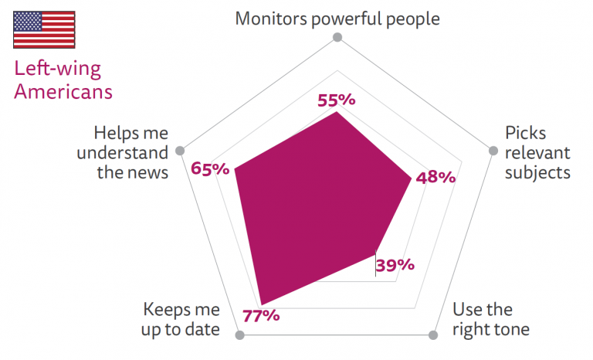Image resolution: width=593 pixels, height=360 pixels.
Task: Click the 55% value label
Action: pyautogui.click(x=336, y=100)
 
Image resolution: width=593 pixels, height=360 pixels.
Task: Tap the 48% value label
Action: pyautogui.click(x=435, y=178)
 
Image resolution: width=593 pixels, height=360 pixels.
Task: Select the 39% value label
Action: pyautogui.click(x=395, y=265)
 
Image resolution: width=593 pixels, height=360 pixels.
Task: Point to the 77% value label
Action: pyautogui.click(x=260, y=315)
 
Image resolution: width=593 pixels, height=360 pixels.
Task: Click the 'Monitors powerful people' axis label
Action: pyautogui.click(x=337, y=18)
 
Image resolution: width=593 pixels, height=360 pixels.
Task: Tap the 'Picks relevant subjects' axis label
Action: pyautogui.click(x=537, y=152)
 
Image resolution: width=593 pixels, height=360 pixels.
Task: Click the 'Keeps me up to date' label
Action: pyautogui.click(x=182, y=319)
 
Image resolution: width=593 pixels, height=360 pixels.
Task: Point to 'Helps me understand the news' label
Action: pyautogui.click(x=130, y=152)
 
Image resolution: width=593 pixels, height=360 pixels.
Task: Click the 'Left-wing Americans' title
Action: pyautogui.click(x=63, y=80)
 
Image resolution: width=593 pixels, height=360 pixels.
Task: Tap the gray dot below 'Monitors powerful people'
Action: pyautogui.click(x=336, y=37)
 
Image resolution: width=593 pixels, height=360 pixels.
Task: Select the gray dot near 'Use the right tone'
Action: pyautogui.click(x=432, y=335)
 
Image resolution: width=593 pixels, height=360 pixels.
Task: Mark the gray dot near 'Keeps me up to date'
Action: pyautogui.click(x=239, y=335)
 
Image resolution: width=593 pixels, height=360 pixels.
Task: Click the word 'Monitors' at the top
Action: pyautogui.click(x=269, y=18)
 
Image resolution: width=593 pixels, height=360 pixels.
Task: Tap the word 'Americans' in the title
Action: pyautogui.click(x=63, y=91)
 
